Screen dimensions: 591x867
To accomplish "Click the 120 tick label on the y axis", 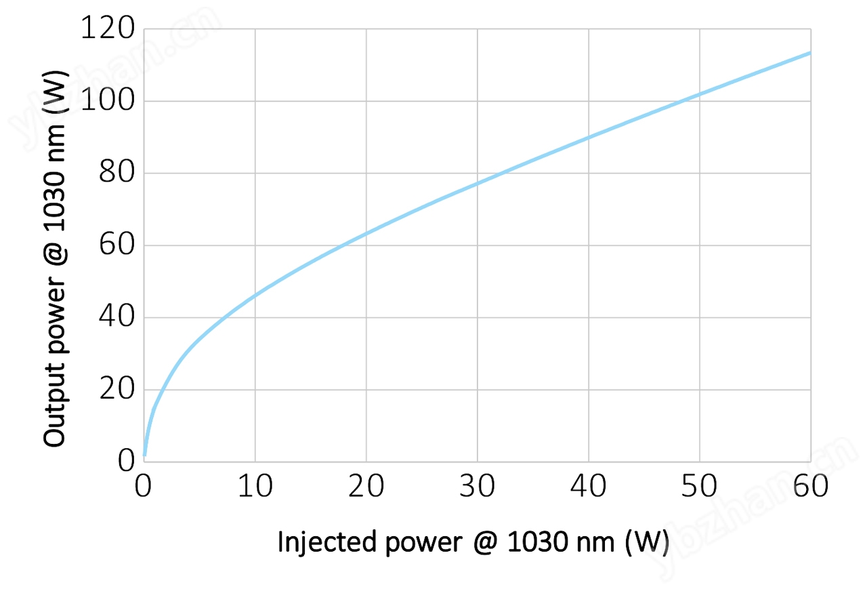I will [108, 29].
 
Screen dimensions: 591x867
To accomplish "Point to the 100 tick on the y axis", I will [108, 101].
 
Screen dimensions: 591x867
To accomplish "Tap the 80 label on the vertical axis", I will [117, 174].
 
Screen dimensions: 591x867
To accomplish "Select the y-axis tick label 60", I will [117, 245].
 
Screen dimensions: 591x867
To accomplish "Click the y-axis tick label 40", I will [117, 317].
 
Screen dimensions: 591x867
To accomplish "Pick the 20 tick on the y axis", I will [117, 390].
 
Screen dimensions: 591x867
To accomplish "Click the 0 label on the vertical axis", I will [126, 462].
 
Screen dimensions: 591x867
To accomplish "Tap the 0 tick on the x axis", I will [144, 486].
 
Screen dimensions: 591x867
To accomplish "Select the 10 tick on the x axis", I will [255, 486].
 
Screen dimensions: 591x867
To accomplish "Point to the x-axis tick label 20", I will [366, 486].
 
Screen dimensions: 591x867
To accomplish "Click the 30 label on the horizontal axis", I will [478, 486].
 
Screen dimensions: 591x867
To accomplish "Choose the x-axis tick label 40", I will [589, 486].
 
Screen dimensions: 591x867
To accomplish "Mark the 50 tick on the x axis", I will [700, 486].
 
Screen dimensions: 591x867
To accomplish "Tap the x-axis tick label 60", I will [811, 486].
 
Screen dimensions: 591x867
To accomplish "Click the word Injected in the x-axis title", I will [326, 542].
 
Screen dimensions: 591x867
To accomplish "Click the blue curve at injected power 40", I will [589, 138].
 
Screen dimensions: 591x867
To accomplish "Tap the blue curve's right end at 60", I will [809, 53].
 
